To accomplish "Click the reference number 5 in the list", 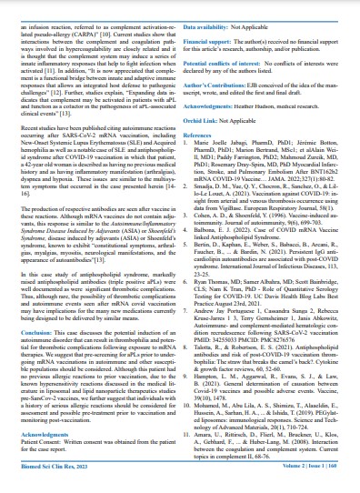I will [x=194, y=245].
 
